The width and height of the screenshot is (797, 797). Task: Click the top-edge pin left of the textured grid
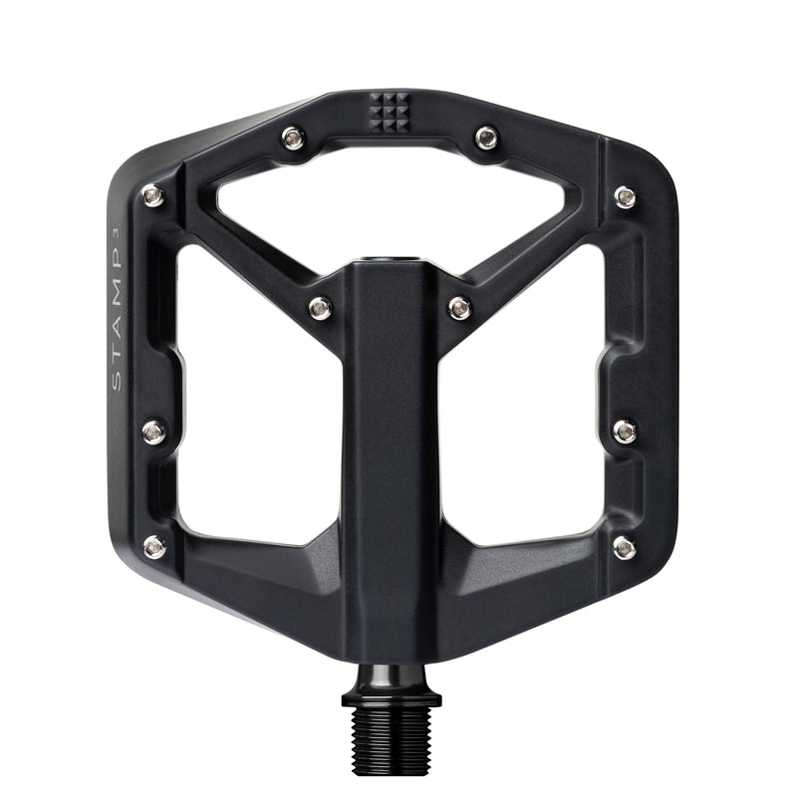293,137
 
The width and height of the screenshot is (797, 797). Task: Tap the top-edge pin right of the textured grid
485,137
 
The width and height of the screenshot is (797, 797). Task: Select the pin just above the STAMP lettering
153,195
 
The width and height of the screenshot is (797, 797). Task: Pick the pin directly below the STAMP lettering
153,431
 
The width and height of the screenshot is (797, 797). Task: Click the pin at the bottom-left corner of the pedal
154,546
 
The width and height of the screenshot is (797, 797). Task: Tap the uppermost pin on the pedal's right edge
625,195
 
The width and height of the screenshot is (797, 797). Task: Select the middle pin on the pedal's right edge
625,431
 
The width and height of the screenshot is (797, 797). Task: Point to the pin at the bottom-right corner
625,546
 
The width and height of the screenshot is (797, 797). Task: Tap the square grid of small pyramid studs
389,111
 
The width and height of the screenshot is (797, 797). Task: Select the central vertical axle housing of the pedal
390,448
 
